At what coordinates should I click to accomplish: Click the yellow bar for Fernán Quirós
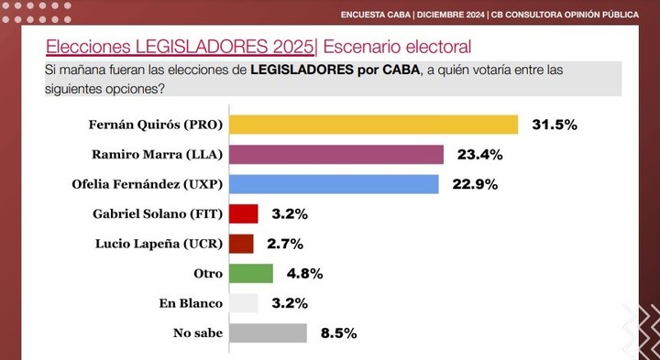(x=373, y=125)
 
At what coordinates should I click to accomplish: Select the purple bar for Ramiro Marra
(x=335, y=154)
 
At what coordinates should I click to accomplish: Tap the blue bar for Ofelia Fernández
(x=334, y=184)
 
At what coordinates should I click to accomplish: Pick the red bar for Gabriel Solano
(x=243, y=214)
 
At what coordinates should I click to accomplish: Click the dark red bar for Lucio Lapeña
(x=241, y=244)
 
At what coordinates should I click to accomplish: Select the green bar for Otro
(x=250, y=273)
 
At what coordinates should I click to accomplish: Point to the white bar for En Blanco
(x=243, y=302)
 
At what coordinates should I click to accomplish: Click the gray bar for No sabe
(x=268, y=333)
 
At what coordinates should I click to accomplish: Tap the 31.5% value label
(x=554, y=125)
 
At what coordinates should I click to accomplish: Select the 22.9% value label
(x=474, y=184)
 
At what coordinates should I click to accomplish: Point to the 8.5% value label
(x=337, y=333)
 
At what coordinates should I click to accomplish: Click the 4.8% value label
(x=304, y=273)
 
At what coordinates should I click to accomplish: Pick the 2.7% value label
(x=284, y=244)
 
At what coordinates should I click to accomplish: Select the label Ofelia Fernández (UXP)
(x=147, y=184)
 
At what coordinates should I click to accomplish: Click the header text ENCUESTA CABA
(x=376, y=14)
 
